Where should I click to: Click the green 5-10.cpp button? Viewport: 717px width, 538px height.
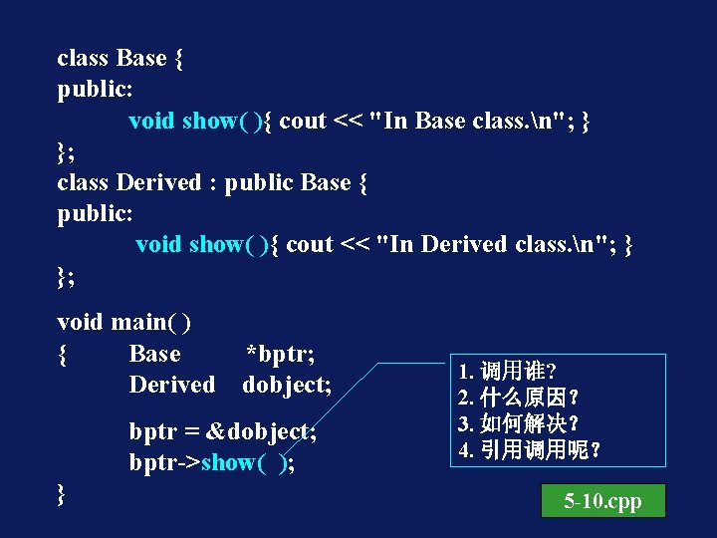[x=602, y=501]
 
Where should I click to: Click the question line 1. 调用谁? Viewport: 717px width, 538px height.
[x=507, y=372]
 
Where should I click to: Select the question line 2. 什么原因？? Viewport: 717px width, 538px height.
[x=518, y=398]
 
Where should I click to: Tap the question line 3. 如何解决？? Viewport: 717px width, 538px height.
[x=518, y=423]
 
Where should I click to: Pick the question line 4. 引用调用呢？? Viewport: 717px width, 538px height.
[x=529, y=449]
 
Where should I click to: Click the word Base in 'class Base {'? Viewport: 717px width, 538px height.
[x=141, y=58]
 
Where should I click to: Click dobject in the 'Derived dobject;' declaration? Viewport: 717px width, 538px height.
[x=287, y=385]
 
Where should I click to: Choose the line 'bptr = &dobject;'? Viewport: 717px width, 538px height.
[x=222, y=432]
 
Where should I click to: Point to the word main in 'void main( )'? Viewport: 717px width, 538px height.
[x=137, y=322]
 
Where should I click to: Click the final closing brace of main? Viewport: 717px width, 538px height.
[x=63, y=493]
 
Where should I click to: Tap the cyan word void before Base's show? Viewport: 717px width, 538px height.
[x=151, y=121]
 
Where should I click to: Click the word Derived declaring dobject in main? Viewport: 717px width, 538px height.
[x=171, y=385]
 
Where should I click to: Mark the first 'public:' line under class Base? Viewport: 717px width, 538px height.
[x=95, y=90]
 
